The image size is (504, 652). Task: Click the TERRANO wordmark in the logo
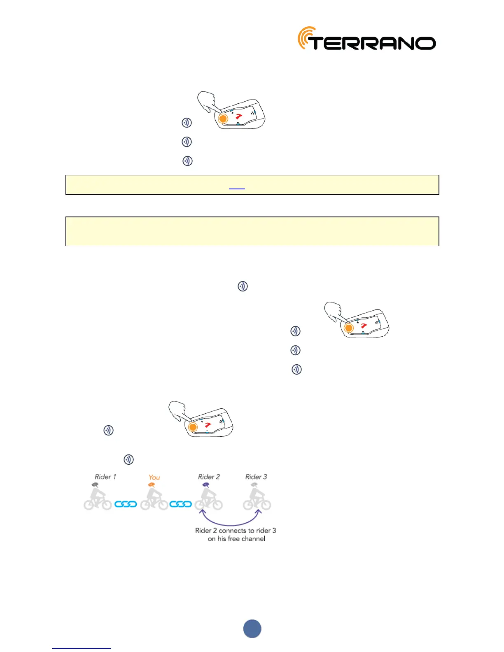coord(373,43)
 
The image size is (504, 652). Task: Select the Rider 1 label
coord(105,477)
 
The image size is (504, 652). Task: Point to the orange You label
coord(154,477)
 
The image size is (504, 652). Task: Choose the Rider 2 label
coord(209,477)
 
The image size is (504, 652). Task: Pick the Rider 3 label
coord(256,477)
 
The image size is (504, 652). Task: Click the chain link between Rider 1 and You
coord(126,504)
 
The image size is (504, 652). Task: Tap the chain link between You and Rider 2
coord(181,504)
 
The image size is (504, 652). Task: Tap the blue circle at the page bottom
coord(252,629)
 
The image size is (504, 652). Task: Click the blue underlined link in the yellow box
coord(237,187)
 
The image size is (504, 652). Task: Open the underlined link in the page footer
coord(82,647)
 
